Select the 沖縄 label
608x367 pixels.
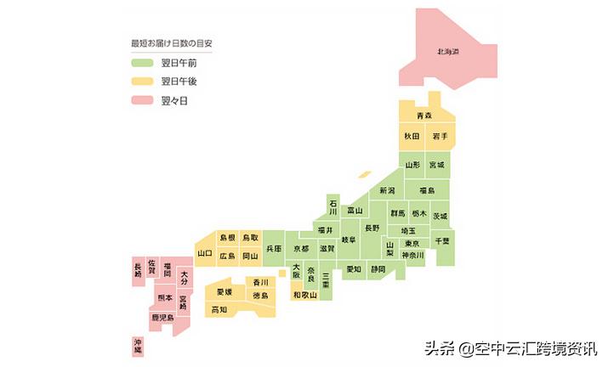point(139,345)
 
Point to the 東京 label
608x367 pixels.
point(412,243)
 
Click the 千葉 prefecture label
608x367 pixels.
point(442,241)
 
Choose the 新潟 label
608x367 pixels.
point(388,190)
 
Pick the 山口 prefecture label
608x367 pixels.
point(205,253)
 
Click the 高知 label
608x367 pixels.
point(219,310)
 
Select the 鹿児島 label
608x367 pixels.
point(162,317)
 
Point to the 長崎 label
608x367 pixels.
point(139,271)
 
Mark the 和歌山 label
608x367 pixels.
point(304,295)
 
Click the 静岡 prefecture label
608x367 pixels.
point(378,269)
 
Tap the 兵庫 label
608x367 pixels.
point(274,249)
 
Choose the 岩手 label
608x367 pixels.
point(440,136)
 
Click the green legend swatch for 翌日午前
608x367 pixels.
point(141,62)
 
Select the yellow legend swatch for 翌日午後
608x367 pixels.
point(141,82)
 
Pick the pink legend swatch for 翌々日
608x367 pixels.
point(141,101)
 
